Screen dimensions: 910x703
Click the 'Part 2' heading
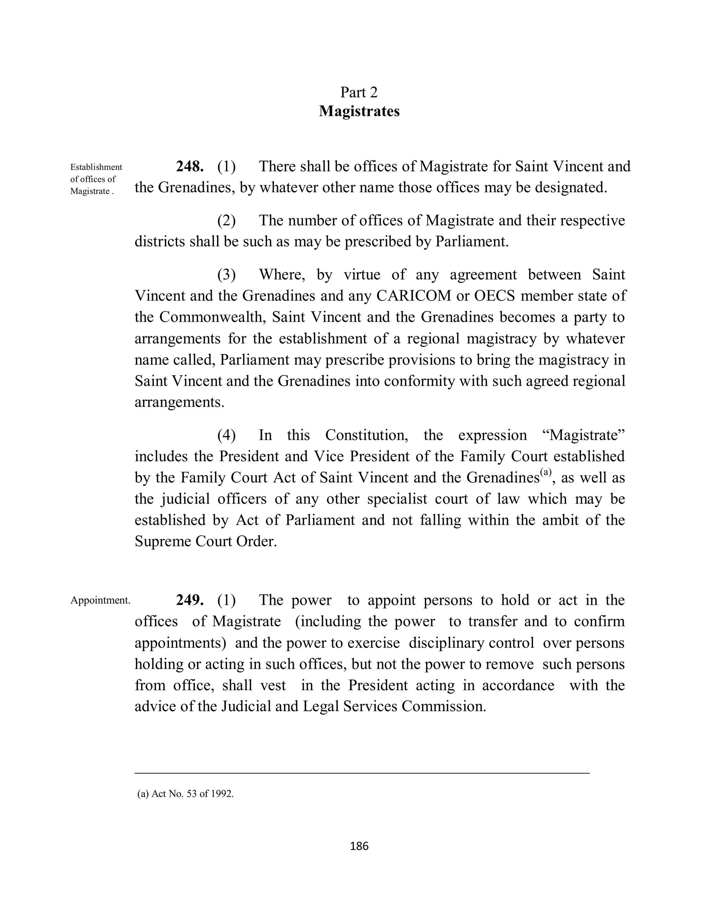pos(359,92)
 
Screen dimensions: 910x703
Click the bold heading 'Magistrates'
pos(359,111)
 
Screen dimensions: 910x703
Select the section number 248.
pos(189,166)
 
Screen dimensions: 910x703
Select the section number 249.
pos(189,600)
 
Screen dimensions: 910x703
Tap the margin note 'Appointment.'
pos(100,600)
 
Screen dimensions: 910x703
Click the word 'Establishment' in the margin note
pos(96,167)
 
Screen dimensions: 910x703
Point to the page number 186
pos(359,846)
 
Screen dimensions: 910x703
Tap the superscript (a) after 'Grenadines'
pos(545,472)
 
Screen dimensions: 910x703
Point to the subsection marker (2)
pos(226,220)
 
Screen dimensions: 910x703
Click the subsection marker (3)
pos(226,275)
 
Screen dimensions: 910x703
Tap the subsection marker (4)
pos(226,435)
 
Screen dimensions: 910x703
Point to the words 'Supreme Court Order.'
pos(206,541)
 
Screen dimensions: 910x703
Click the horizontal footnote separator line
pos(361,773)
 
